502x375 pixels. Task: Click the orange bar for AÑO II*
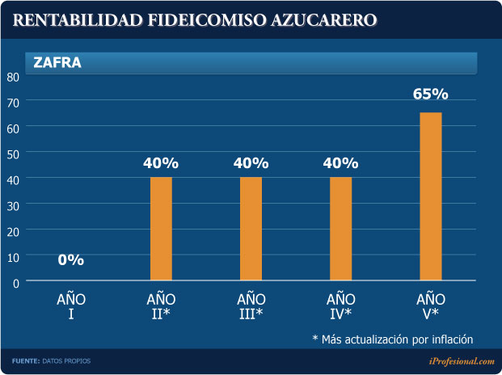[161, 229]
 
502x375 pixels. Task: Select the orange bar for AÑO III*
[251, 229]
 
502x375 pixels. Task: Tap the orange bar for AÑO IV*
[340, 229]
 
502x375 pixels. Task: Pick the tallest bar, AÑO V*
[431, 196]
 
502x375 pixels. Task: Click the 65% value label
[430, 95]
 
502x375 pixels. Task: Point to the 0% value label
[71, 260]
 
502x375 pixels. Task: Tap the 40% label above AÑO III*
[251, 163]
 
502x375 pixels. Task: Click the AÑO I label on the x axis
[71, 306]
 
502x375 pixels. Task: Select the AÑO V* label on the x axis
[430, 306]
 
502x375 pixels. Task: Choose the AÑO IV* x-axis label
[340, 306]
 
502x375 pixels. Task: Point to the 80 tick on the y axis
[13, 77]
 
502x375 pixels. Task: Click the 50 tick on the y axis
[13, 154]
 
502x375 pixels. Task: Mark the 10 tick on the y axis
[13, 256]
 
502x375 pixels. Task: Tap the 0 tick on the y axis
[15, 282]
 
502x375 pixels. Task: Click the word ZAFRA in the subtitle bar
[57, 61]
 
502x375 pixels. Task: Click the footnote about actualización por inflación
[392, 339]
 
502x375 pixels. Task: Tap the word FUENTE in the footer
[25, 360]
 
